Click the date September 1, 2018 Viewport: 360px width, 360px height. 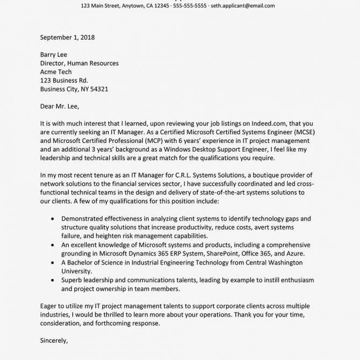67,38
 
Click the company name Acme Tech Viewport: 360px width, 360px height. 56,72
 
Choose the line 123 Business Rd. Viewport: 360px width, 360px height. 64,81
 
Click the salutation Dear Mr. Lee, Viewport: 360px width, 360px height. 60,106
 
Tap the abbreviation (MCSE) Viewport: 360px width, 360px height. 302,132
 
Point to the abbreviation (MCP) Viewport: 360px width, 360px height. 160,141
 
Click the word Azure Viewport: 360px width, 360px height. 294,254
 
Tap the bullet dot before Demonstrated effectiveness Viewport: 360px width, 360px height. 52,219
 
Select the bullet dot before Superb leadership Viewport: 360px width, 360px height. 52,280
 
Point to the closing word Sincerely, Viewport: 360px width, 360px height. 54,341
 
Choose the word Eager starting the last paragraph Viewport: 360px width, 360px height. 49,306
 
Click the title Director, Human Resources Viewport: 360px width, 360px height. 80,63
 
